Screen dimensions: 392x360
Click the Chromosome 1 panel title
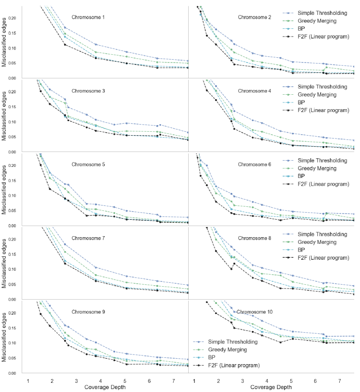[x=88, y=17]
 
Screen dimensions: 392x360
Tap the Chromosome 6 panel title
[x=255, y=164]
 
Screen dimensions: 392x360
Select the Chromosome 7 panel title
[x=88, y=238]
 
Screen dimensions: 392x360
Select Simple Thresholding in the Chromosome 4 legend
[x=322, y=87]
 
